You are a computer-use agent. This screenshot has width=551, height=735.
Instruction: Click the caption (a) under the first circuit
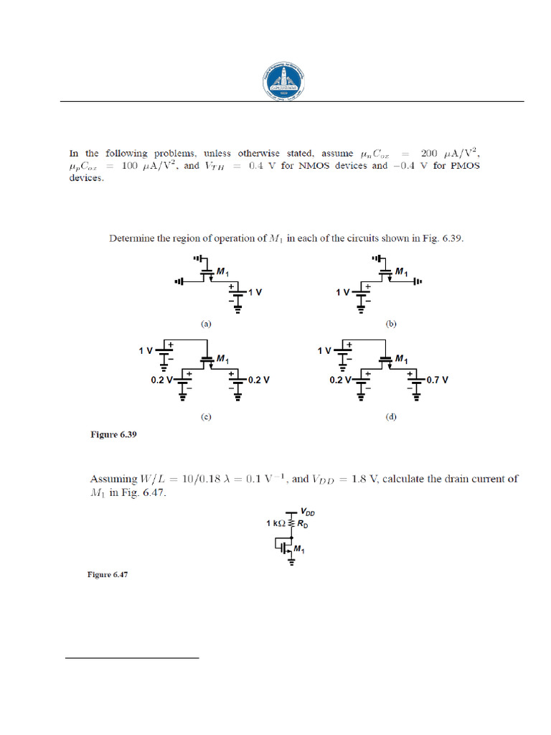click(207, 324)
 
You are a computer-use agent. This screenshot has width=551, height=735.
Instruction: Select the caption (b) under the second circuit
click(391, 324)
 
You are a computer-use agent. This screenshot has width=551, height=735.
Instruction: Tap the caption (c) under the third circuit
click(207, 417)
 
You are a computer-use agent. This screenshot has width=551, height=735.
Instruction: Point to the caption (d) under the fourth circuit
click(391, 417)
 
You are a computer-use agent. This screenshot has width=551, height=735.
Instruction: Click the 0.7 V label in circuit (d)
click(437, 380)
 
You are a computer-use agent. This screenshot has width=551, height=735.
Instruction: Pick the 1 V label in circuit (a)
click(255, 292)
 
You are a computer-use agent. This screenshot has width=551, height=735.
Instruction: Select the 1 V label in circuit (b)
click(342, 293)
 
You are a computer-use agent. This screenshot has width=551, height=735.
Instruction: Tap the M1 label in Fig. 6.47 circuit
click(299, 551)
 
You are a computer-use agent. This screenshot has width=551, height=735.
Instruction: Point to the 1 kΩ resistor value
click(276, 523)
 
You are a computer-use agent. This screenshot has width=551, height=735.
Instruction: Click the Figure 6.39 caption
click(113, 434)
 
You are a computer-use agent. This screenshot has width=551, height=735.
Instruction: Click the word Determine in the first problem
click(133, 239)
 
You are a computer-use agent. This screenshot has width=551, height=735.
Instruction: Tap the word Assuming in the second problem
click(113, 478)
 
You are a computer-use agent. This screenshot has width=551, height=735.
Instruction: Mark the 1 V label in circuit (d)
click(324, 351)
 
